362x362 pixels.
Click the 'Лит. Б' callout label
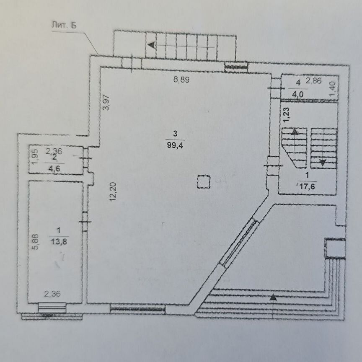(64, 25)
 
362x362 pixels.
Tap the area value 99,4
(175, 145)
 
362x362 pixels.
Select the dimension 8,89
(181, 80)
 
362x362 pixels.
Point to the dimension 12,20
(114, 191)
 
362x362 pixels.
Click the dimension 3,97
(106, 103)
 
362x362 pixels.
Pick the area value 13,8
(59, 242)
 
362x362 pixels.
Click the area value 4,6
(54, 168)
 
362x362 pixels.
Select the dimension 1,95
(35, 157)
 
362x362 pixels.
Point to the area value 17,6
(307, 186)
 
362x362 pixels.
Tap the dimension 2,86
(313, 80)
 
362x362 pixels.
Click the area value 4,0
(298, 94)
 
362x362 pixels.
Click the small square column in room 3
(204, 182)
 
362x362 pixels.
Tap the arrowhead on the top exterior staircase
(151, 45)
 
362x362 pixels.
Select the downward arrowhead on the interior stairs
(323, 162)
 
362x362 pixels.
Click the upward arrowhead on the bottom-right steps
(273, 297)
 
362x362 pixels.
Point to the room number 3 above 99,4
(175, 133)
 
